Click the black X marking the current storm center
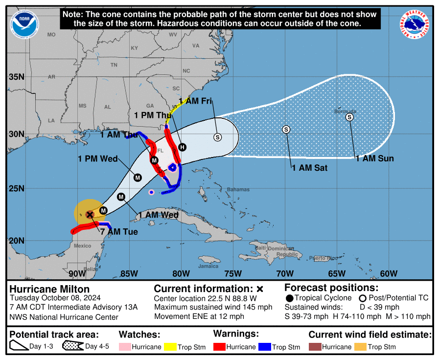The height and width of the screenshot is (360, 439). click(x=90, y=214)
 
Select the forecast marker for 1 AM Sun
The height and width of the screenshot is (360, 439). click(x=349, y=117)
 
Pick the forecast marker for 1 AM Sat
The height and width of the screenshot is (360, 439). click(x=286, y=129)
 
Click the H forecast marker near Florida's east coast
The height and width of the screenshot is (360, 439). click(x=182, y=147)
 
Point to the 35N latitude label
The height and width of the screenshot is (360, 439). click(x=16, y=77)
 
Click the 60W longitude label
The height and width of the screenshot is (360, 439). click(x=388, y=273)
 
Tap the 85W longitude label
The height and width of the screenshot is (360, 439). click(x=129, y=273)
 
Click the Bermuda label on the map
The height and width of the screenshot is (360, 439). click(x=343, y=112)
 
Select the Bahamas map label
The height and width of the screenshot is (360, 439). click(x=238, y=189)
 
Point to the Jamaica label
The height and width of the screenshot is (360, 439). click(x=208, y=266)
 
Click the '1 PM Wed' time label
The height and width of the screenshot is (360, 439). click(x=97, y=158)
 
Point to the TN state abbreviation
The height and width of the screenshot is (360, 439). click(x=114, y=65)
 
